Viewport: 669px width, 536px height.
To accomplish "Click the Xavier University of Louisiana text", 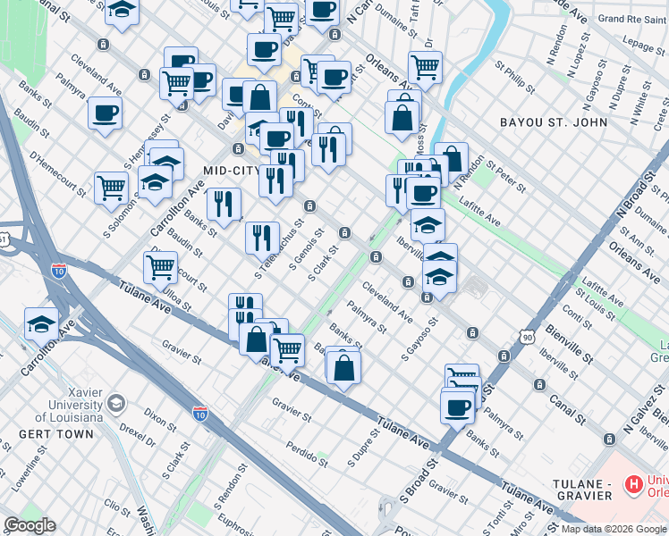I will (61, 407).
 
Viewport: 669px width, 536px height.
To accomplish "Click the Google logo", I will (30, 525).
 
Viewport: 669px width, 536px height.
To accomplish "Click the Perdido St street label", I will (309, 451).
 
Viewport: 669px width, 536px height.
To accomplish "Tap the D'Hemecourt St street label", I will (56, 173).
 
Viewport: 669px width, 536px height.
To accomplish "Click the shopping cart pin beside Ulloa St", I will (160, 265).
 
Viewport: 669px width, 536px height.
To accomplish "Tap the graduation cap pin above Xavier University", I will (41, 323).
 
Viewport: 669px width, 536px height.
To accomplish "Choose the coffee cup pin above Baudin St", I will (105, 113).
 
